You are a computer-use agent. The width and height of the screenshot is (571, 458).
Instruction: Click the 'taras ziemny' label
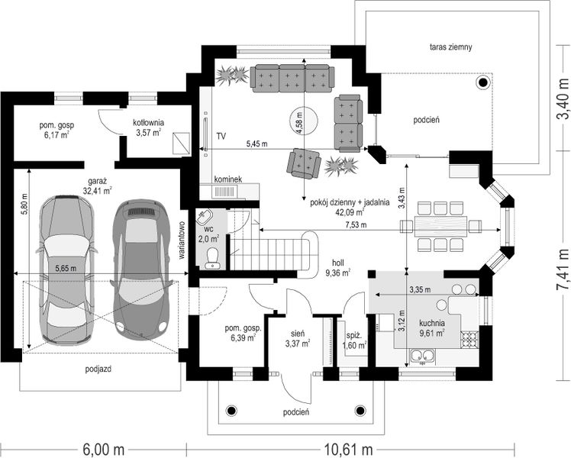pos(450,47)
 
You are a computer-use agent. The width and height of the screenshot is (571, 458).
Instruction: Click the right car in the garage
pos(140,268)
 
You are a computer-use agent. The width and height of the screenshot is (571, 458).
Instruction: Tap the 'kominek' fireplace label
pos(227,179)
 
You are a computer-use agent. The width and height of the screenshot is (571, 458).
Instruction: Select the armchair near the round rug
pos(303,162)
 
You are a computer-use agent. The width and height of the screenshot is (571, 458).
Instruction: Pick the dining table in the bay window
pos(439,225)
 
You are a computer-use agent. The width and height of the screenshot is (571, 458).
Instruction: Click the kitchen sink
pos(421,354)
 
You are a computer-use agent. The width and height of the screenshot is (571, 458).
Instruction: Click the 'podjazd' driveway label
pos(98,368)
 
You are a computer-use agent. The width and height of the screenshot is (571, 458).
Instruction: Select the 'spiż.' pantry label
pos(353,334)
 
